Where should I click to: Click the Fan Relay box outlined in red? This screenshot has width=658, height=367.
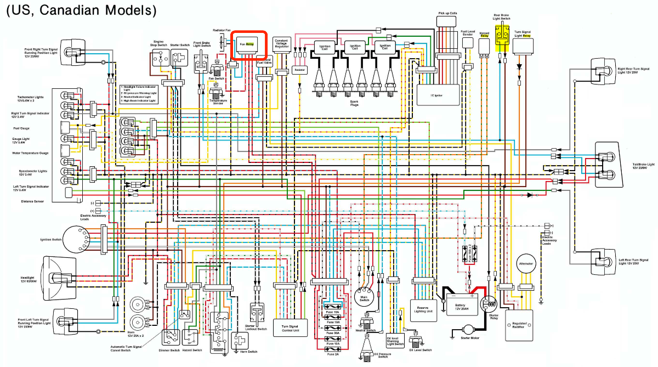248,44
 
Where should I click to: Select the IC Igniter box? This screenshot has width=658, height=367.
437,93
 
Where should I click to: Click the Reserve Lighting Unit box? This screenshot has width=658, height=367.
424,311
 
